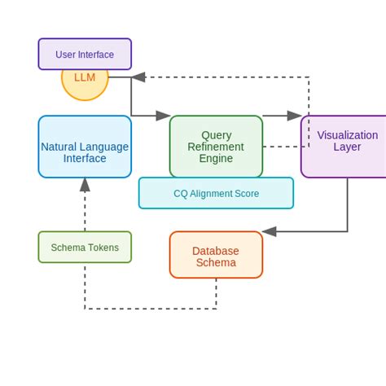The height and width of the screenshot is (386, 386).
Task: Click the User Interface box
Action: click(x=85, y=54)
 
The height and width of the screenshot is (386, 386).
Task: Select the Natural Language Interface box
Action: click(x=85, y=147)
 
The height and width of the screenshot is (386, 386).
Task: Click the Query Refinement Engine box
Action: click(x=216, y=147)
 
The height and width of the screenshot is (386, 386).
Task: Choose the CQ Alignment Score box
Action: click(x=216, y=193)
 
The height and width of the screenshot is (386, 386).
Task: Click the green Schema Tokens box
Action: click(x=85, y=247)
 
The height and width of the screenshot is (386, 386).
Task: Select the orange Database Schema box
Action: click(x=216, y=255)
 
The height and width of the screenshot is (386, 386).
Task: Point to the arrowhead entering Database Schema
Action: click(x=270, y=231)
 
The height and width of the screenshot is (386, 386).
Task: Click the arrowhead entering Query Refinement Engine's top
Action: click(x=164, y=116)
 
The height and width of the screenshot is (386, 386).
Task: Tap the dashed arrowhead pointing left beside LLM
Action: click(x=138, y=77)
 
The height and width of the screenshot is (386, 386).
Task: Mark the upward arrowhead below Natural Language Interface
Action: click(x=85, y=185)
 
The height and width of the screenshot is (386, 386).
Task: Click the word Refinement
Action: click(x=216, y=147)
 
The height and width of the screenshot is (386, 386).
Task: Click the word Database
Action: click(x=216, y=251)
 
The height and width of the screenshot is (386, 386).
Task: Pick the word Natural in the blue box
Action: click(x=59, y=147)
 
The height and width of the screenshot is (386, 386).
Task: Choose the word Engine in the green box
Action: click(x=216, y=158)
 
